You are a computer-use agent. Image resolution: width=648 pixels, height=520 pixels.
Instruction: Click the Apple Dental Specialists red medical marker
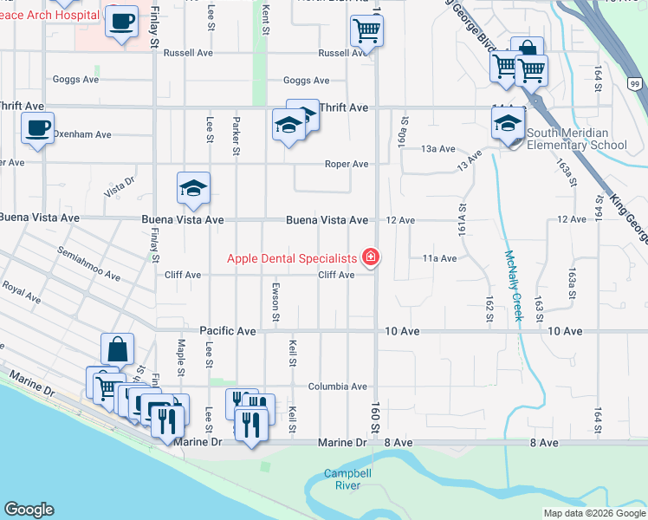pyautogui.click(x=371, y=257)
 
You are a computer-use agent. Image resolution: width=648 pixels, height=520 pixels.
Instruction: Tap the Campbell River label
pyautogui.click(x=342, y=479)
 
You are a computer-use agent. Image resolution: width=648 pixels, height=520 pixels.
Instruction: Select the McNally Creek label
pyautogui.click(x=515, y=286)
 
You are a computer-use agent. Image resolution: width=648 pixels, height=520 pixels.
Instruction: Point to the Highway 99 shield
pyautogui.click(x=635, y=82)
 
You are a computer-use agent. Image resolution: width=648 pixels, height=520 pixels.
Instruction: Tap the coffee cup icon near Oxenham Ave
pyautogui.click(x=37, y=128)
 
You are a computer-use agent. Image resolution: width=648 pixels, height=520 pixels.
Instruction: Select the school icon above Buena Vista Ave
pyautogui.click(x=194, y=188)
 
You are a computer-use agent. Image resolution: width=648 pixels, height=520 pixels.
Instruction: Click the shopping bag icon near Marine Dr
pyautogui.click(x=118, y=350)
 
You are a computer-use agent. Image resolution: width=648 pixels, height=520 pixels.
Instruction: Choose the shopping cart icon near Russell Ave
pyautogui.click(x=366, y=32)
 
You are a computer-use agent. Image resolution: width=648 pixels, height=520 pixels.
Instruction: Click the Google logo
pyautogui.click(x=29, y=510)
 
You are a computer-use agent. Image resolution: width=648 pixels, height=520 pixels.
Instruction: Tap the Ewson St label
pyautogui.click(x=275, y=306)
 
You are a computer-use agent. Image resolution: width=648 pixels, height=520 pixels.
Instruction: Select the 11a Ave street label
pyautogui.click(x=439, y=258)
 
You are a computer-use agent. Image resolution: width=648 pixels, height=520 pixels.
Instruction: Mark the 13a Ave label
pyautogui.click(x=438, y=149)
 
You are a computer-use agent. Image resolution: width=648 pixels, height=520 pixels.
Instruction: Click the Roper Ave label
pyautogui.click(x=347, y=164)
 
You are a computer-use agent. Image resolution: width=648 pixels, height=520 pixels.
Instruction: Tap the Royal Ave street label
pyautogui.click(x=21, y=292)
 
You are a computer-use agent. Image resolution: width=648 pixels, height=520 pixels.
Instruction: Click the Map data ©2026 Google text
pyautogui.click(x=593, y=513)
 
